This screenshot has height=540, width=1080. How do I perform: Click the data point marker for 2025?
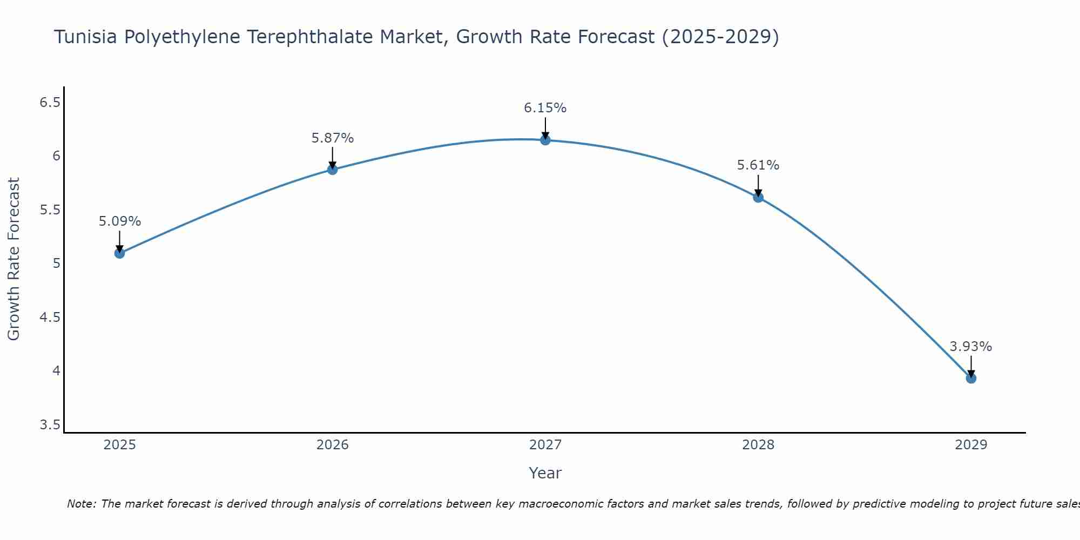click(119, 253)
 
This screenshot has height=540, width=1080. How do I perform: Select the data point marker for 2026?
click(333, 170)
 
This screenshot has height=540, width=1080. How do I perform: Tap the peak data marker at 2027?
click(545, 140)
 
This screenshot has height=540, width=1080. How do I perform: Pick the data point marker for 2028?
click(758, 197)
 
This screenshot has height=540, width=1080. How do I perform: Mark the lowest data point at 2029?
click(971, 378)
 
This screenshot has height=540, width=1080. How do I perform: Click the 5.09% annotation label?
click(120, 221)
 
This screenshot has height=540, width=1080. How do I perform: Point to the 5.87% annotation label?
click(333, 138)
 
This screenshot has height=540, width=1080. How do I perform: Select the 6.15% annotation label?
click(545, 108)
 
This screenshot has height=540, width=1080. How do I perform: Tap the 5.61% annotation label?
click(758, 165)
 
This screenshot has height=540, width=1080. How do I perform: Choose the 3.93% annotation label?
click(971, 347)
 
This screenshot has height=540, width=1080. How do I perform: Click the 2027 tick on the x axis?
click(545, 445)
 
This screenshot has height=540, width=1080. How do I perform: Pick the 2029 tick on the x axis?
click(971, 445)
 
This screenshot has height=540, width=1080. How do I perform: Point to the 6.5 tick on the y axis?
click(50, 102)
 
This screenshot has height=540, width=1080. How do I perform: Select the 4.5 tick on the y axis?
click(50, 317)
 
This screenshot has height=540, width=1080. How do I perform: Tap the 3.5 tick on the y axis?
click(50, 425)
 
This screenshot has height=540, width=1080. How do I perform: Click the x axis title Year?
click(545, 473)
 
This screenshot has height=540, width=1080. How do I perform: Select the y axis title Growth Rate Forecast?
click(13, 259)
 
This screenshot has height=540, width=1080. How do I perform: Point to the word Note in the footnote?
click(81, 504)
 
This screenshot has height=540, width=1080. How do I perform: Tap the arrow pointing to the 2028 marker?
click(758, 185)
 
